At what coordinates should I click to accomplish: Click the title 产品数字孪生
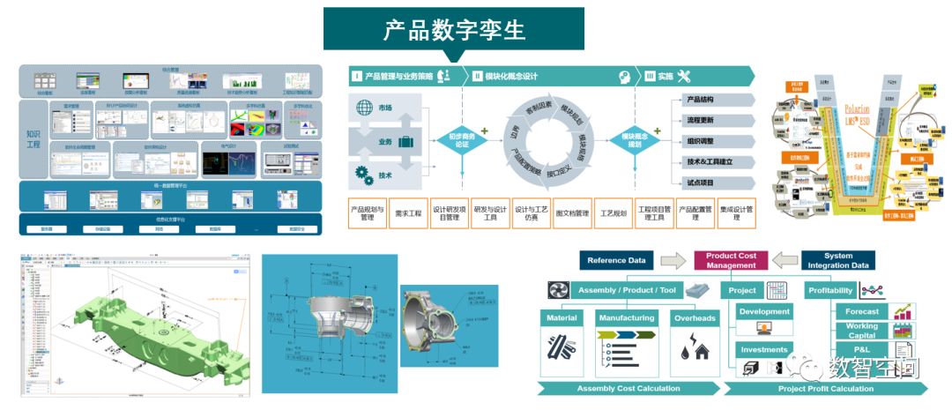[453, 31]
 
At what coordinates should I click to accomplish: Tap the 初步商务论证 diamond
[462, 140]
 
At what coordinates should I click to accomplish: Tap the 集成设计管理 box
[735, 213]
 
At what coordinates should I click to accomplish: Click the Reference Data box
[616, 261]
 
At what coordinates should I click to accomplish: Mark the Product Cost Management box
[731, 261]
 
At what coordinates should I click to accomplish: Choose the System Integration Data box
[839, 261]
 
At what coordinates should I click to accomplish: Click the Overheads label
[695, 317]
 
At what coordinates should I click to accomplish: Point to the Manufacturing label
[626, 317]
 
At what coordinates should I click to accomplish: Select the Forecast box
[861, 311]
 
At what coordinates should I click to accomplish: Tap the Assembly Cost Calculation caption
[628, 389]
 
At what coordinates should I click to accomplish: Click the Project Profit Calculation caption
[826, 389]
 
